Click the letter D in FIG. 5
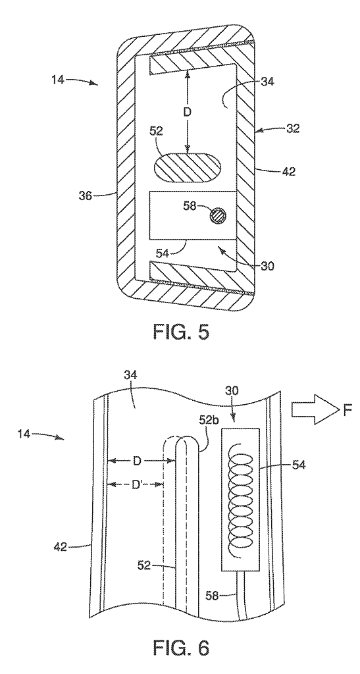click(x=188, y=112)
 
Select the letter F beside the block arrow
click(x=347, y=411)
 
